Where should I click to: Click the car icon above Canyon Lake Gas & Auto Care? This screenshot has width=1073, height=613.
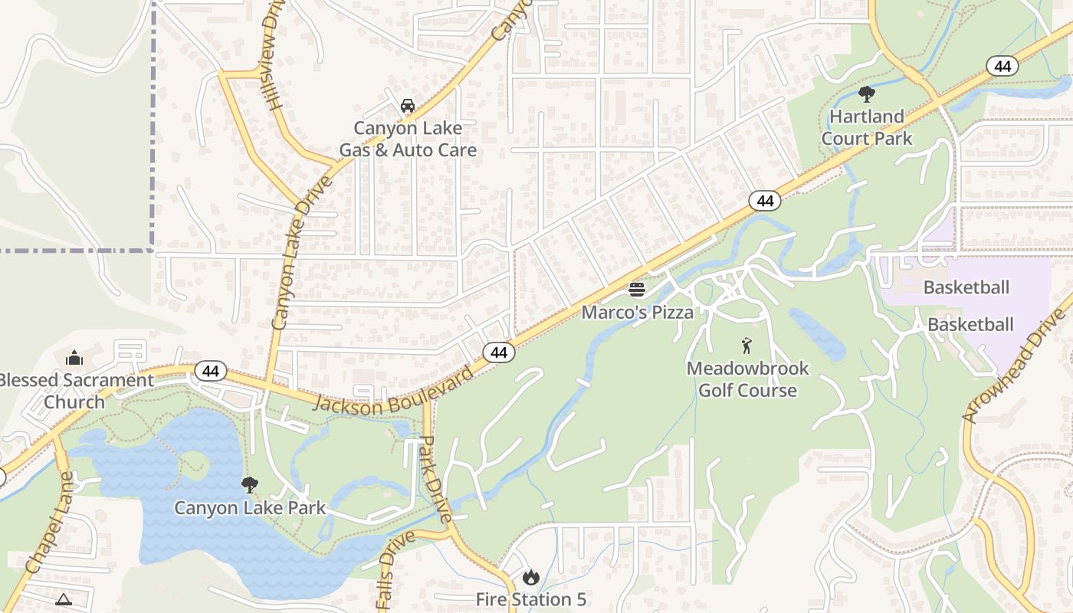point(408,106)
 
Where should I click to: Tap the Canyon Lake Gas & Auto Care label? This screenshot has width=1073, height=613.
point(408,139)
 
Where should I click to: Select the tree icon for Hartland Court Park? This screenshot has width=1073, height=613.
point(867,94)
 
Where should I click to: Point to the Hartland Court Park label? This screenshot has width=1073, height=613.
point(867,127)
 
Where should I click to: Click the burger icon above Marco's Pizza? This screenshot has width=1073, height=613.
point(637,290)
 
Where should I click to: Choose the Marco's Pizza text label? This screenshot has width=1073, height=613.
point(637,312)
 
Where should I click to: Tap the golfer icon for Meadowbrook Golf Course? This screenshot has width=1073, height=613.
point(747,346)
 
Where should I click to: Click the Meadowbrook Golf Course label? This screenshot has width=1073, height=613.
point(747,379)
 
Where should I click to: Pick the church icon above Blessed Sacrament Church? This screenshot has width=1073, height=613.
point(74,358)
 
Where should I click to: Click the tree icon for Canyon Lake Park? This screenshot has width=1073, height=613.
point(249,485)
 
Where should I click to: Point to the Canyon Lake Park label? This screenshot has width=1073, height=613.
point(250,508)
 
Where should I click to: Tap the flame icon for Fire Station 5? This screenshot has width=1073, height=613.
point(530,577)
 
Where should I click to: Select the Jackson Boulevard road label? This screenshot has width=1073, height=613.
point(392,392)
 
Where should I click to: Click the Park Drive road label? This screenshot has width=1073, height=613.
point(436,479)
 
